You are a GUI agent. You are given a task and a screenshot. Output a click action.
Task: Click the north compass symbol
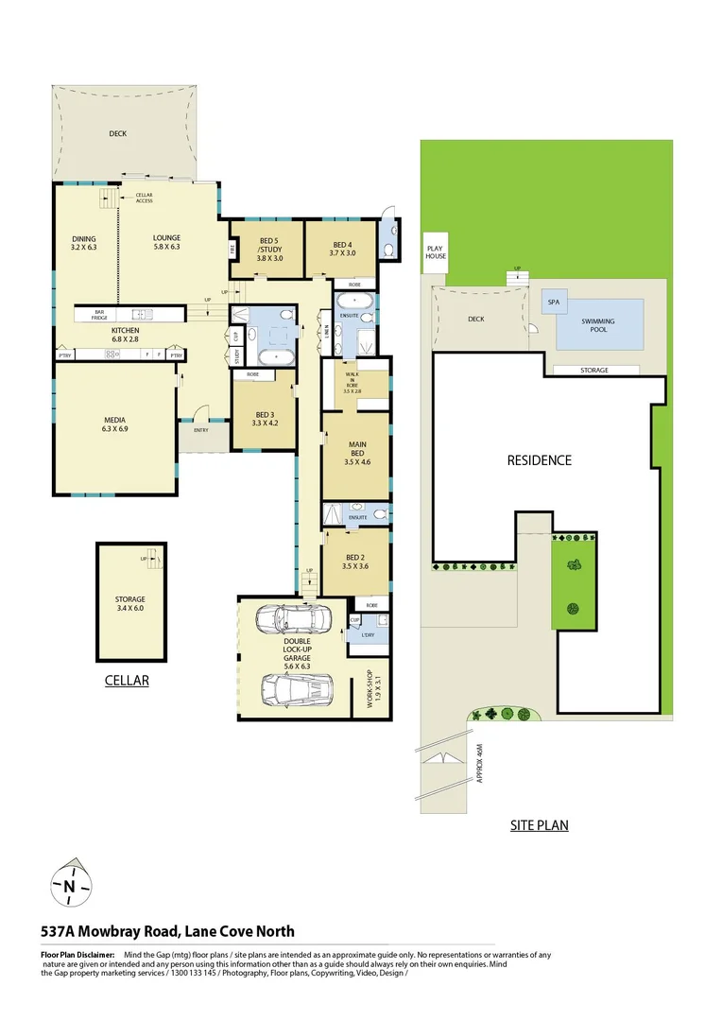(x=69, y=885)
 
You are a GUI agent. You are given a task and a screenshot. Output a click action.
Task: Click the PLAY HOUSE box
(x=436, y=251)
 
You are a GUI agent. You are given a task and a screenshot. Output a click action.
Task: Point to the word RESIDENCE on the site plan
(x=540, y=460)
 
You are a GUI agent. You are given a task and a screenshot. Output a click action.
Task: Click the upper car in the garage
(x=294, y=619)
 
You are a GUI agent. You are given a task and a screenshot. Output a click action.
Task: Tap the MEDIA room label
(x=114, y=424)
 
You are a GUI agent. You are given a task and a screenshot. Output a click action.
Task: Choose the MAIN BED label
(x=356, y=455)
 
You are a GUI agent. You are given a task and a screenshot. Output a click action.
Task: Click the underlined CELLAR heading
(x=127, y=680)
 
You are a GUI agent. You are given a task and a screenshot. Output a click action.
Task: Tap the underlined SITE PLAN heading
(x=539, y=825)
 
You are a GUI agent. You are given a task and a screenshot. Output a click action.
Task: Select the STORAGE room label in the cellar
(x=130, y=603)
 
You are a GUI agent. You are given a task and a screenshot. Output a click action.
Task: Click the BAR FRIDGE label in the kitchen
(x=99, y=314)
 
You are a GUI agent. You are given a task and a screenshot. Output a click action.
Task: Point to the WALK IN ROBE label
(x=352, y=381)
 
